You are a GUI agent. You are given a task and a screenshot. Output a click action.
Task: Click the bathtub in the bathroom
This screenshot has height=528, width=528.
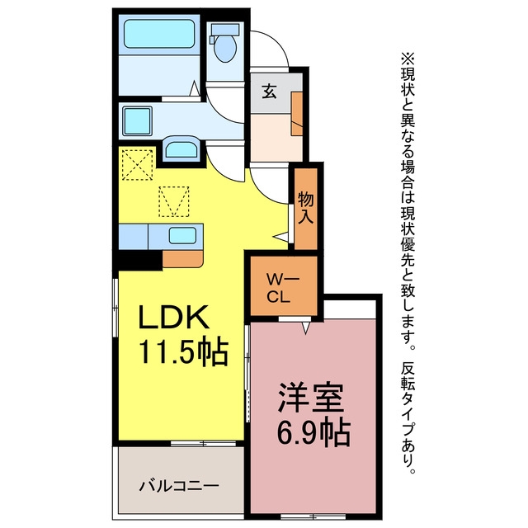(x=159, y=34)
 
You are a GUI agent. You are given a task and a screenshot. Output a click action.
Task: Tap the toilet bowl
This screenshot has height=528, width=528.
(x=225, y=49)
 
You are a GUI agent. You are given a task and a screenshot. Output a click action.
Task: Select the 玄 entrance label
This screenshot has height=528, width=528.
(x=270, y=91)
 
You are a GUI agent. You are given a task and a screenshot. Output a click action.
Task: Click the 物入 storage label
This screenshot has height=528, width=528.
(x=306, y=208)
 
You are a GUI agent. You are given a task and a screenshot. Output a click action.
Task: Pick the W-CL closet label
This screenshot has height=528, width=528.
(x=283, y=288)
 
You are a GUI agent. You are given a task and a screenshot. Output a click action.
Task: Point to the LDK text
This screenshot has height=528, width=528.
(x=174, y=317)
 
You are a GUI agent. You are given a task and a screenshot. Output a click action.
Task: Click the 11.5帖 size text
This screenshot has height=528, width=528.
(x=184, y=352)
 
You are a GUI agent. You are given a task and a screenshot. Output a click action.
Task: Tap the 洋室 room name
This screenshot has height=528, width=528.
(x=310, y=398)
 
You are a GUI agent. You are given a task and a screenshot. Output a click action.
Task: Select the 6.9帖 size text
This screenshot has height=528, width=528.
(x=313, y=432)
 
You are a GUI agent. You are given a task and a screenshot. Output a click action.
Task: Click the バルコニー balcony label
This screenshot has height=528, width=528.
(x=179, y=486)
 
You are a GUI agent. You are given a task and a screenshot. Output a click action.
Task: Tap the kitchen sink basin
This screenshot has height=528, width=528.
(x=182, y=235)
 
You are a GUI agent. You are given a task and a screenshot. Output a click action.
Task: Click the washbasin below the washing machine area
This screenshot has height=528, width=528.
(x=181, y=147)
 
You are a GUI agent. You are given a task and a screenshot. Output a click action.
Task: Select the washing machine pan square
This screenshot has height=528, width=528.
(x=137, y=121)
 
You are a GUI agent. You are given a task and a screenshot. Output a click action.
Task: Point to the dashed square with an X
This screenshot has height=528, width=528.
(x=138, y=165)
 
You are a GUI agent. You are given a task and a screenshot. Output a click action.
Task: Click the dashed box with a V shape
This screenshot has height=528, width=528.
(x=174, y=201)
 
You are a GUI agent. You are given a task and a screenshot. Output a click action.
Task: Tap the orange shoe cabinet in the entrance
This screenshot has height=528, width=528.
(x=296, y=114)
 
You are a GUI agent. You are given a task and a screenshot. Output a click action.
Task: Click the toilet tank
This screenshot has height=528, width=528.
(x=224, y=29)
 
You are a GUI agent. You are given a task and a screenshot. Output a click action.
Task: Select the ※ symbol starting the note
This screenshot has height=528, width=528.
(x=408, y=59)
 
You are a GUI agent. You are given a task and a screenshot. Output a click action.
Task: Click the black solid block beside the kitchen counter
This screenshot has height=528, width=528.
(x=140, y=260)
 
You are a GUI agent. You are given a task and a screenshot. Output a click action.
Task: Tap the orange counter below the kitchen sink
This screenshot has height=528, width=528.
(x=183, y=258)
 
